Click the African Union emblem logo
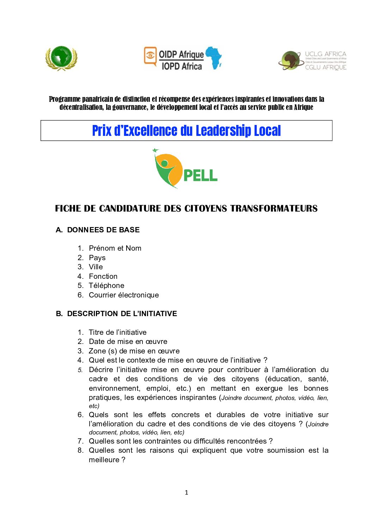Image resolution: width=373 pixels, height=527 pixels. click(61, 58)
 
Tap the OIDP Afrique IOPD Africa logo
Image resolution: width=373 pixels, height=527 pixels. click(183, 58)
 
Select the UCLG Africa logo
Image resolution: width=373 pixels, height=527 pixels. click(312, 60)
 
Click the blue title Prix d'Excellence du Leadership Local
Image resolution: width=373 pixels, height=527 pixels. click(186, 131)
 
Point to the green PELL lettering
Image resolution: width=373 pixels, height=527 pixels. click(200, 175)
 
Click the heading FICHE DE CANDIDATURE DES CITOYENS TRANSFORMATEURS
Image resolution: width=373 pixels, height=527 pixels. click(186, 208)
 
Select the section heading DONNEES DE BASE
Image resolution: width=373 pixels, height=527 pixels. click(103, 230)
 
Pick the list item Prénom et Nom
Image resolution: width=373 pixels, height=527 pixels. click(115, 248)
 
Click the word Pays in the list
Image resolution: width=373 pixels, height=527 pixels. click(97, 258)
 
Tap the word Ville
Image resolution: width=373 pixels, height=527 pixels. click(96, 267)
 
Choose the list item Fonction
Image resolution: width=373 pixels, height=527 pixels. click(103, 276)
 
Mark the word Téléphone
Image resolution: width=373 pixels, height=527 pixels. click(106, 286)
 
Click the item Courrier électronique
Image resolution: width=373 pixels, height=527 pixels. click(124, 295)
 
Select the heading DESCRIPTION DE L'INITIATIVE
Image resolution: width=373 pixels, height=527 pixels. click(122, 314)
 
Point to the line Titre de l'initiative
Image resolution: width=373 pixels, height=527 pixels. click(117, 332)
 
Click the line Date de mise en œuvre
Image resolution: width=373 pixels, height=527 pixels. click(128, 341)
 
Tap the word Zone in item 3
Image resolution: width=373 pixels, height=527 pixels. click(97, 351)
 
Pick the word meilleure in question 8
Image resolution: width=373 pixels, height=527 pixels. click(104, 460)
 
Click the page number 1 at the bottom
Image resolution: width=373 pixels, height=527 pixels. click(186, 493)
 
